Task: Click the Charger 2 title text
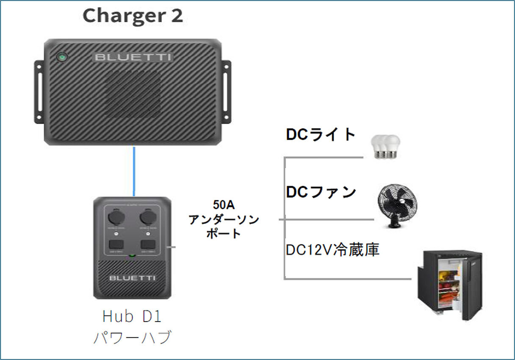[133, 16]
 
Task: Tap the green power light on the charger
[62, 56]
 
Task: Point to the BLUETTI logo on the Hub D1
[132, 278]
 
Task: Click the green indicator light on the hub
[132, 256]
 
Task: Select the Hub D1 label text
[132, 316]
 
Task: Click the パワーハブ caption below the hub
[132, 338]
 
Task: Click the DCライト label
[321, 135]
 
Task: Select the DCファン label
[321, 192]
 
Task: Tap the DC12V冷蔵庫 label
[332, 250]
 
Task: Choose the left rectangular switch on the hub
[116, 245]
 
